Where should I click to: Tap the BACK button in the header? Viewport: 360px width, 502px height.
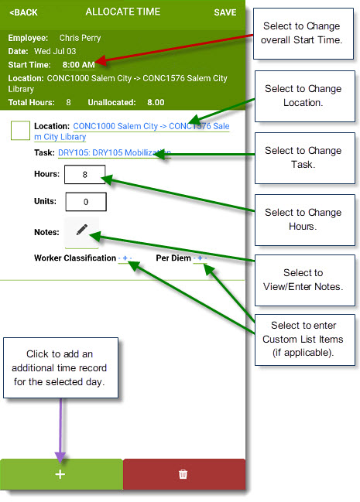coord(23,12)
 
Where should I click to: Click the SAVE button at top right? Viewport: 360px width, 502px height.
coord(225,12)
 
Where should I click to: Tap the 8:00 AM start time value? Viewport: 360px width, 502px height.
coord(78,65)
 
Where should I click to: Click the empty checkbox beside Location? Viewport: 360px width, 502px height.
coord(20,130)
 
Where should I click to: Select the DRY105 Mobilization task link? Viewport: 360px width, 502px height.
coord(115,152)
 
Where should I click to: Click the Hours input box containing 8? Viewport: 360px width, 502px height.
coord(84,175)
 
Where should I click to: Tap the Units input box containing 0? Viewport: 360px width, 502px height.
coord(86,202)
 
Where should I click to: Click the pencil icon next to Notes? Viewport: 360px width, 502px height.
coord(82,230)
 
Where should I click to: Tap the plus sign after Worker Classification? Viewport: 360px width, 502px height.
coord(125,258)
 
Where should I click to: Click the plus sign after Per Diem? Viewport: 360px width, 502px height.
coord(200,258)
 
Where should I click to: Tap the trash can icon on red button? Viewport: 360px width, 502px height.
coord(183,474)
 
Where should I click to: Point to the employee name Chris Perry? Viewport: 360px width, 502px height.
coord(81,38)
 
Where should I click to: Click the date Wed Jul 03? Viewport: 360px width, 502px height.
coord(55,51)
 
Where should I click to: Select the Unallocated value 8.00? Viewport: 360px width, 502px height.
coord(156,102)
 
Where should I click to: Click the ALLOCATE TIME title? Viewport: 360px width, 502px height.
coord(123,12)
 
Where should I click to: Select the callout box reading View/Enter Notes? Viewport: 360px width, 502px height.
coord(305,280)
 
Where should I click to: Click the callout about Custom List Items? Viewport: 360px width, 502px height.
coord(305,340)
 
